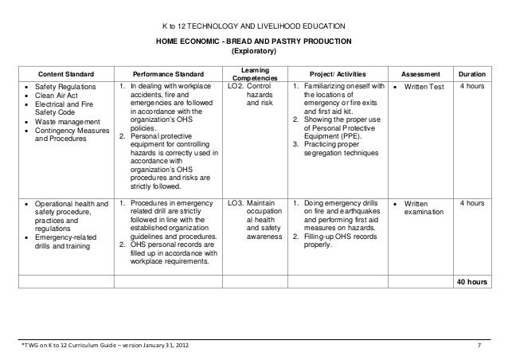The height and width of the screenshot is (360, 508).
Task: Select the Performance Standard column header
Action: click(x=168, y=72)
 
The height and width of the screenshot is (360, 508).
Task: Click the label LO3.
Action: click(x=236, y=204)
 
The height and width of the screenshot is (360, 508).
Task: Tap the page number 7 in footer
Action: click(x=478, y=345)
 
